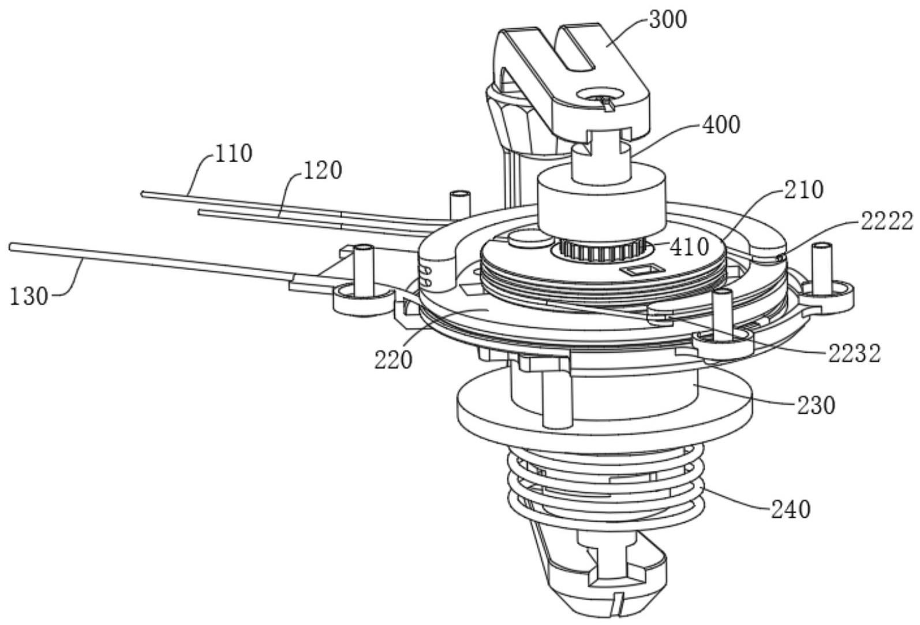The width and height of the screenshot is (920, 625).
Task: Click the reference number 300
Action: (667, 20)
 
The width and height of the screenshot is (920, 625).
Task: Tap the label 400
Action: (721, 125)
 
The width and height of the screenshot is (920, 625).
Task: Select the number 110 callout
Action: (233, 154)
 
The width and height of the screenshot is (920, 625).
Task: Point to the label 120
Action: (323, 170)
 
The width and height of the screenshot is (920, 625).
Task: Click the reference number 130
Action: (28, 297)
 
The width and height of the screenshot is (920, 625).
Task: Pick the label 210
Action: (804, 190)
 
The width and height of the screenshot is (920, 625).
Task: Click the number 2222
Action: (887, 222)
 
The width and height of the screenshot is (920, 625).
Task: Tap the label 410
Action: (690, 248)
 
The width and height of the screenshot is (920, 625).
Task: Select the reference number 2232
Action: (854, 354)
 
